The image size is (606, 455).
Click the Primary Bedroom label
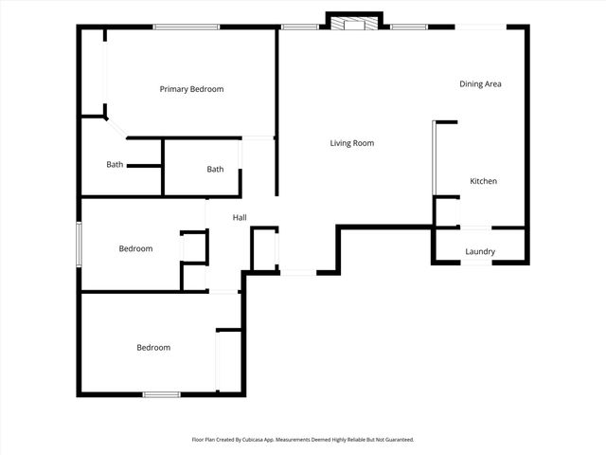click(191, 89)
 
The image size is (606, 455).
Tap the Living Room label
click(351, 143)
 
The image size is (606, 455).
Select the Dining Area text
click(480, 84)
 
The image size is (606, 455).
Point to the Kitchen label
click(483, 181)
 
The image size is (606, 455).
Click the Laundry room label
click(480, 251)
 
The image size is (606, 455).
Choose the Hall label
click(240, 218)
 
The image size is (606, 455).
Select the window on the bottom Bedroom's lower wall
click(161, 393)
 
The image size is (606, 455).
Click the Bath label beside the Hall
click(215, 170)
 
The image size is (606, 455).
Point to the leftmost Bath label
click(115, 164)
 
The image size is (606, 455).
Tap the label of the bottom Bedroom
click(153, 348)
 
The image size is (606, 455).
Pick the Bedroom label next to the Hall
click(135, 249)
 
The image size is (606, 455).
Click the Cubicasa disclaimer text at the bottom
click(303, 440)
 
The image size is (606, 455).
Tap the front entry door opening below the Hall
click(297, 273)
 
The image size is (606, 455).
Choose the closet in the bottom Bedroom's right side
click(229, 361)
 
